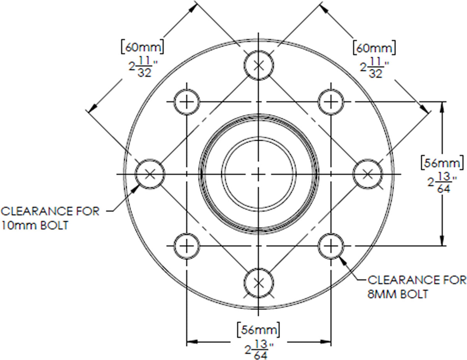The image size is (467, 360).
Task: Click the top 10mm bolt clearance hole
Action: [259, 51]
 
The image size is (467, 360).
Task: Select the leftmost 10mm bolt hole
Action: [135, 174]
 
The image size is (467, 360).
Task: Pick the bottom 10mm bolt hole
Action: [259, 268]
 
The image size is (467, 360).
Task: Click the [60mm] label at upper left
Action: [142, 47]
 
